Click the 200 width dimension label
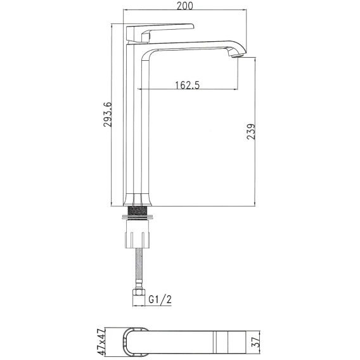coord(185,6)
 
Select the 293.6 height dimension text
coord(108,114)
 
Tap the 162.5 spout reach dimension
coord(188,85)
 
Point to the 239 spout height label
coord(251,132)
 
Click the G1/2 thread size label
coord(160,299)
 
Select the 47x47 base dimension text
coord(101,342)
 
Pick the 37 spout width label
coord(256,342)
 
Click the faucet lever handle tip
coord(193,26)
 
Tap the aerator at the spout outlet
coord(237,55)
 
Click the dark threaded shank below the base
coord(138,210)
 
